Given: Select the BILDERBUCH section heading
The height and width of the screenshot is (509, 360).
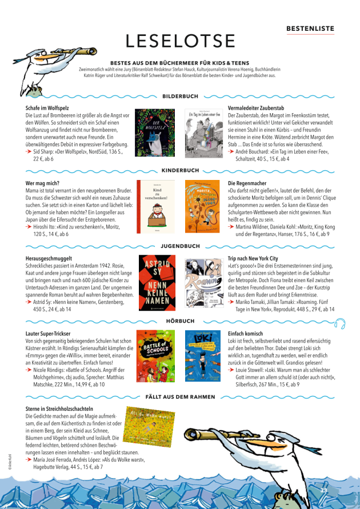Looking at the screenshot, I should tap(181, 97).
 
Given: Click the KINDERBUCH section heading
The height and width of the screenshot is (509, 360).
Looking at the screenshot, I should tap(180, 170).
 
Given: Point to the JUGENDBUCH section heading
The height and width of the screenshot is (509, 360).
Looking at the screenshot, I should tap(180, 246).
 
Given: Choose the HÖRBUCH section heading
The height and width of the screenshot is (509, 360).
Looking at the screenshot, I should tap(180, 321).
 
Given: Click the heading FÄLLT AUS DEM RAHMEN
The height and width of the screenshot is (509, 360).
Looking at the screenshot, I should tap(180, 396).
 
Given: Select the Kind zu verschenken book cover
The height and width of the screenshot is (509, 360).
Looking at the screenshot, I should tap(155, 207).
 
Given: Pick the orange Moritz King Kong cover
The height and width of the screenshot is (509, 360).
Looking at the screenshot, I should tap(203, 207).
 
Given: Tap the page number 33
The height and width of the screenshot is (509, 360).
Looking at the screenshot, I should tap(323, 491).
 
